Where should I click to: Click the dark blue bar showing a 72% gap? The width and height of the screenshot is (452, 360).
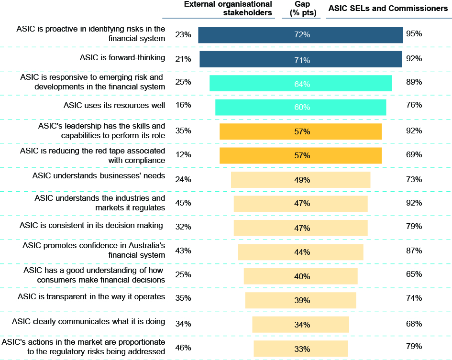point(300,35)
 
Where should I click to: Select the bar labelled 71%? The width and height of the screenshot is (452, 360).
point(300,59)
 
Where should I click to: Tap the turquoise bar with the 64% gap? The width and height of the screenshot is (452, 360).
point(300,84)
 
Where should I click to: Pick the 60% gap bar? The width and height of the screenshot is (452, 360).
point(300,107)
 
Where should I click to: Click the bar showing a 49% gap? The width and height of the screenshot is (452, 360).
point(300,180)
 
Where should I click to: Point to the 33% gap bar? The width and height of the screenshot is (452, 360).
point(300,349)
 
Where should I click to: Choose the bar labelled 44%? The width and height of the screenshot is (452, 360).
point(300,252)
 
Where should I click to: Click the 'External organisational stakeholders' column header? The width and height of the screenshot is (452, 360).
point(228,9)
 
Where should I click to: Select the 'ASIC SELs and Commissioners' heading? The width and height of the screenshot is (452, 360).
point(387,9)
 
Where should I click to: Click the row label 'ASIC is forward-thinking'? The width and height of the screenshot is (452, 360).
point(122,58)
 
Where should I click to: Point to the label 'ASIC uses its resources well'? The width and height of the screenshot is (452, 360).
point(114,105)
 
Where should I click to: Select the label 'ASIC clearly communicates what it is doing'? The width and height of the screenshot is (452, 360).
point(88,322)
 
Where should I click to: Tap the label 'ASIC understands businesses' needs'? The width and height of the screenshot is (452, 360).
point(99,175)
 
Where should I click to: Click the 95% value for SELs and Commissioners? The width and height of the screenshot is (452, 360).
point(414,34)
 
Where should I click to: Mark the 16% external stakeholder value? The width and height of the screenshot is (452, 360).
point(183,105)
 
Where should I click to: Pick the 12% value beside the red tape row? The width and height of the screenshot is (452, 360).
point(183,154)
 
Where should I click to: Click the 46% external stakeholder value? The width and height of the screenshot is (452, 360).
point(183,347)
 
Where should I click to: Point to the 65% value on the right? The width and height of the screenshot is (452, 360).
point(414,274)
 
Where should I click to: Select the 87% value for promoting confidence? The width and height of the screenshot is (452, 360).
point(414,251)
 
